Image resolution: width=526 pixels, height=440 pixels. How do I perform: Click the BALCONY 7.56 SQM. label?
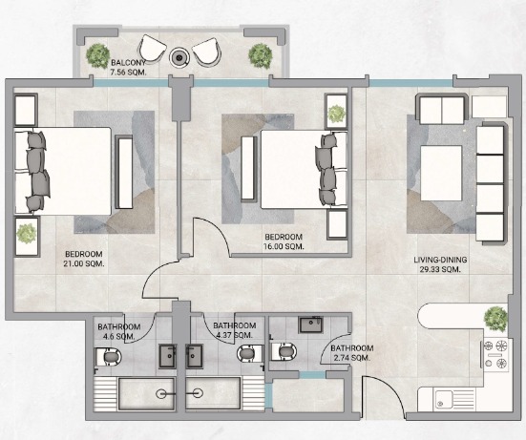[x=129, y=68]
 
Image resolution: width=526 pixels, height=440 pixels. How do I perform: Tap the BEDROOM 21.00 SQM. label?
[x=84, y=259]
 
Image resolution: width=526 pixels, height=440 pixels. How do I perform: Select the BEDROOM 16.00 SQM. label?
[x=284, y=241]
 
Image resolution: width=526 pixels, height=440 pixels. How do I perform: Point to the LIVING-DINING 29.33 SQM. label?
[x=440, y=264]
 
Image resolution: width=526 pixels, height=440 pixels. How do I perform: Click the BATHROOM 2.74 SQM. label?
[x=352, y=353]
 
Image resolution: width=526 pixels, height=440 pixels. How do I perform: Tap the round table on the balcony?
[x=179, y=58]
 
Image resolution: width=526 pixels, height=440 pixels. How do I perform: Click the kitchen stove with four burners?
[x=496, y=354]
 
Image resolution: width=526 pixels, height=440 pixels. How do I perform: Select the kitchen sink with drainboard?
[x=454, y=399]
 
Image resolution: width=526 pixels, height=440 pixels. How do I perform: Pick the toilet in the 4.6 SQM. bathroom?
[x=109, y=357]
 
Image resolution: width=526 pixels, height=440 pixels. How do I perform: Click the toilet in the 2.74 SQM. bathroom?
[x=284, y=351]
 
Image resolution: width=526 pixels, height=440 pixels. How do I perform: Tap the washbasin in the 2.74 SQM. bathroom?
[x=311, y=325]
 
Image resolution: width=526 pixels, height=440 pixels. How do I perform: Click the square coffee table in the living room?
[x=441, y=173]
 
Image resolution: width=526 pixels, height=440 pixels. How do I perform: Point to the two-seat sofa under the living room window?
[x=441, y=109]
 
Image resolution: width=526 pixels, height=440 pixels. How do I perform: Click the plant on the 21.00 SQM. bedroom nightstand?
[x=27, y=234]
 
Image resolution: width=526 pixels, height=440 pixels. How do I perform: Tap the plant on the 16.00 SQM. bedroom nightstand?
[x=336, y=114]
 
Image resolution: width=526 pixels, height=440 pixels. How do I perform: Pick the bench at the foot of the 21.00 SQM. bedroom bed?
[x=124, y=172]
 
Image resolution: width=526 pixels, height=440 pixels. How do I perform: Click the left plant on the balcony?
[x=98, y=55]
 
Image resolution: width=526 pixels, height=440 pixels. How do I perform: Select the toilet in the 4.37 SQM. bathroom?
[x=249, y=354]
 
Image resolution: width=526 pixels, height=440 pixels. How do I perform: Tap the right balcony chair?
[x=206, y=52]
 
